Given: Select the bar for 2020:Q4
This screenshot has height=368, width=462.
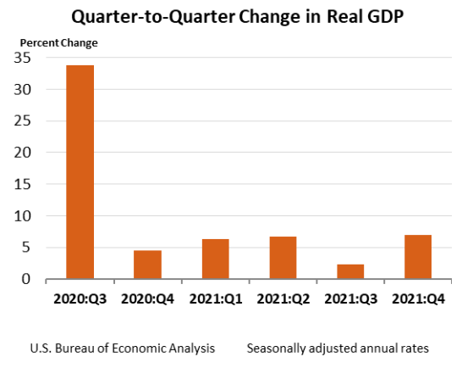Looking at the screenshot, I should [x=147, y=265].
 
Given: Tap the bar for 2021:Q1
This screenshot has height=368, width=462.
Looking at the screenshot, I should [x=215, y=259].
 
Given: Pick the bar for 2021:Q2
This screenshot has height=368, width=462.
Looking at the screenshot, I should [x=283, y=258].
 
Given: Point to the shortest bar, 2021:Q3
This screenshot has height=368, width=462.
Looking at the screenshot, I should [x=350, y=271].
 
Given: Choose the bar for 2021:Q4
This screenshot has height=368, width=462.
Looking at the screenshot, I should [x=418, y=257].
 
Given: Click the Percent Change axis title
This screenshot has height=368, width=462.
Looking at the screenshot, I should [x=58, y=42].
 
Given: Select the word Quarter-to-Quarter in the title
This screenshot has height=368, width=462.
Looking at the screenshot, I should [x=143, y=17].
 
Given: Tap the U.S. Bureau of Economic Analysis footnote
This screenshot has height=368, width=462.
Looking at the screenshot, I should [x=122, y=348].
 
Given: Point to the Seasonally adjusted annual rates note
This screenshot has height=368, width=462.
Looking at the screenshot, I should [x=338, y=348].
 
